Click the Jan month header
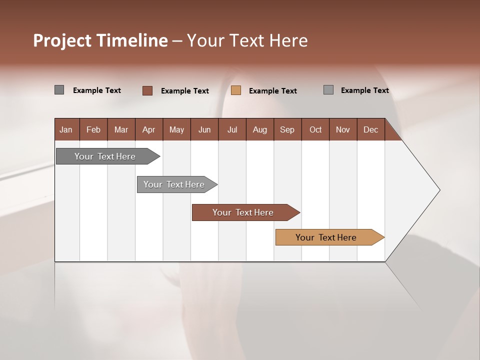pyautogui.click(x=66, y=129)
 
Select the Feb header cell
pyautogui.click(x=93, y=129)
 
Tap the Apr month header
pyautogui.click(x=149, y=129)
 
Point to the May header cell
pyautogui.click(x=176, y=129)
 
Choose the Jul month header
pyautogui.click(x=232, y=129)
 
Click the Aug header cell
pyautogui.click(x=260, y=129)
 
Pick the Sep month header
pyautogui.click(x=287, y=129)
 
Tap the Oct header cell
pyautogui.click(x=315, y=129)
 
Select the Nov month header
pyautogui.click(x=343, y=129)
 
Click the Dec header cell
pyautogui.click(x=371, y=129)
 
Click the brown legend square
pyautogui.click(x=147, y=90)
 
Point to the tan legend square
pyautogui.click(x=236, y=90)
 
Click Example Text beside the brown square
pyautogui.click(x=185, y=91)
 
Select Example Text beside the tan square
pyautogui.click(x=273, y=91)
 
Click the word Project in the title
pyautogui.click(x=62, y=40)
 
